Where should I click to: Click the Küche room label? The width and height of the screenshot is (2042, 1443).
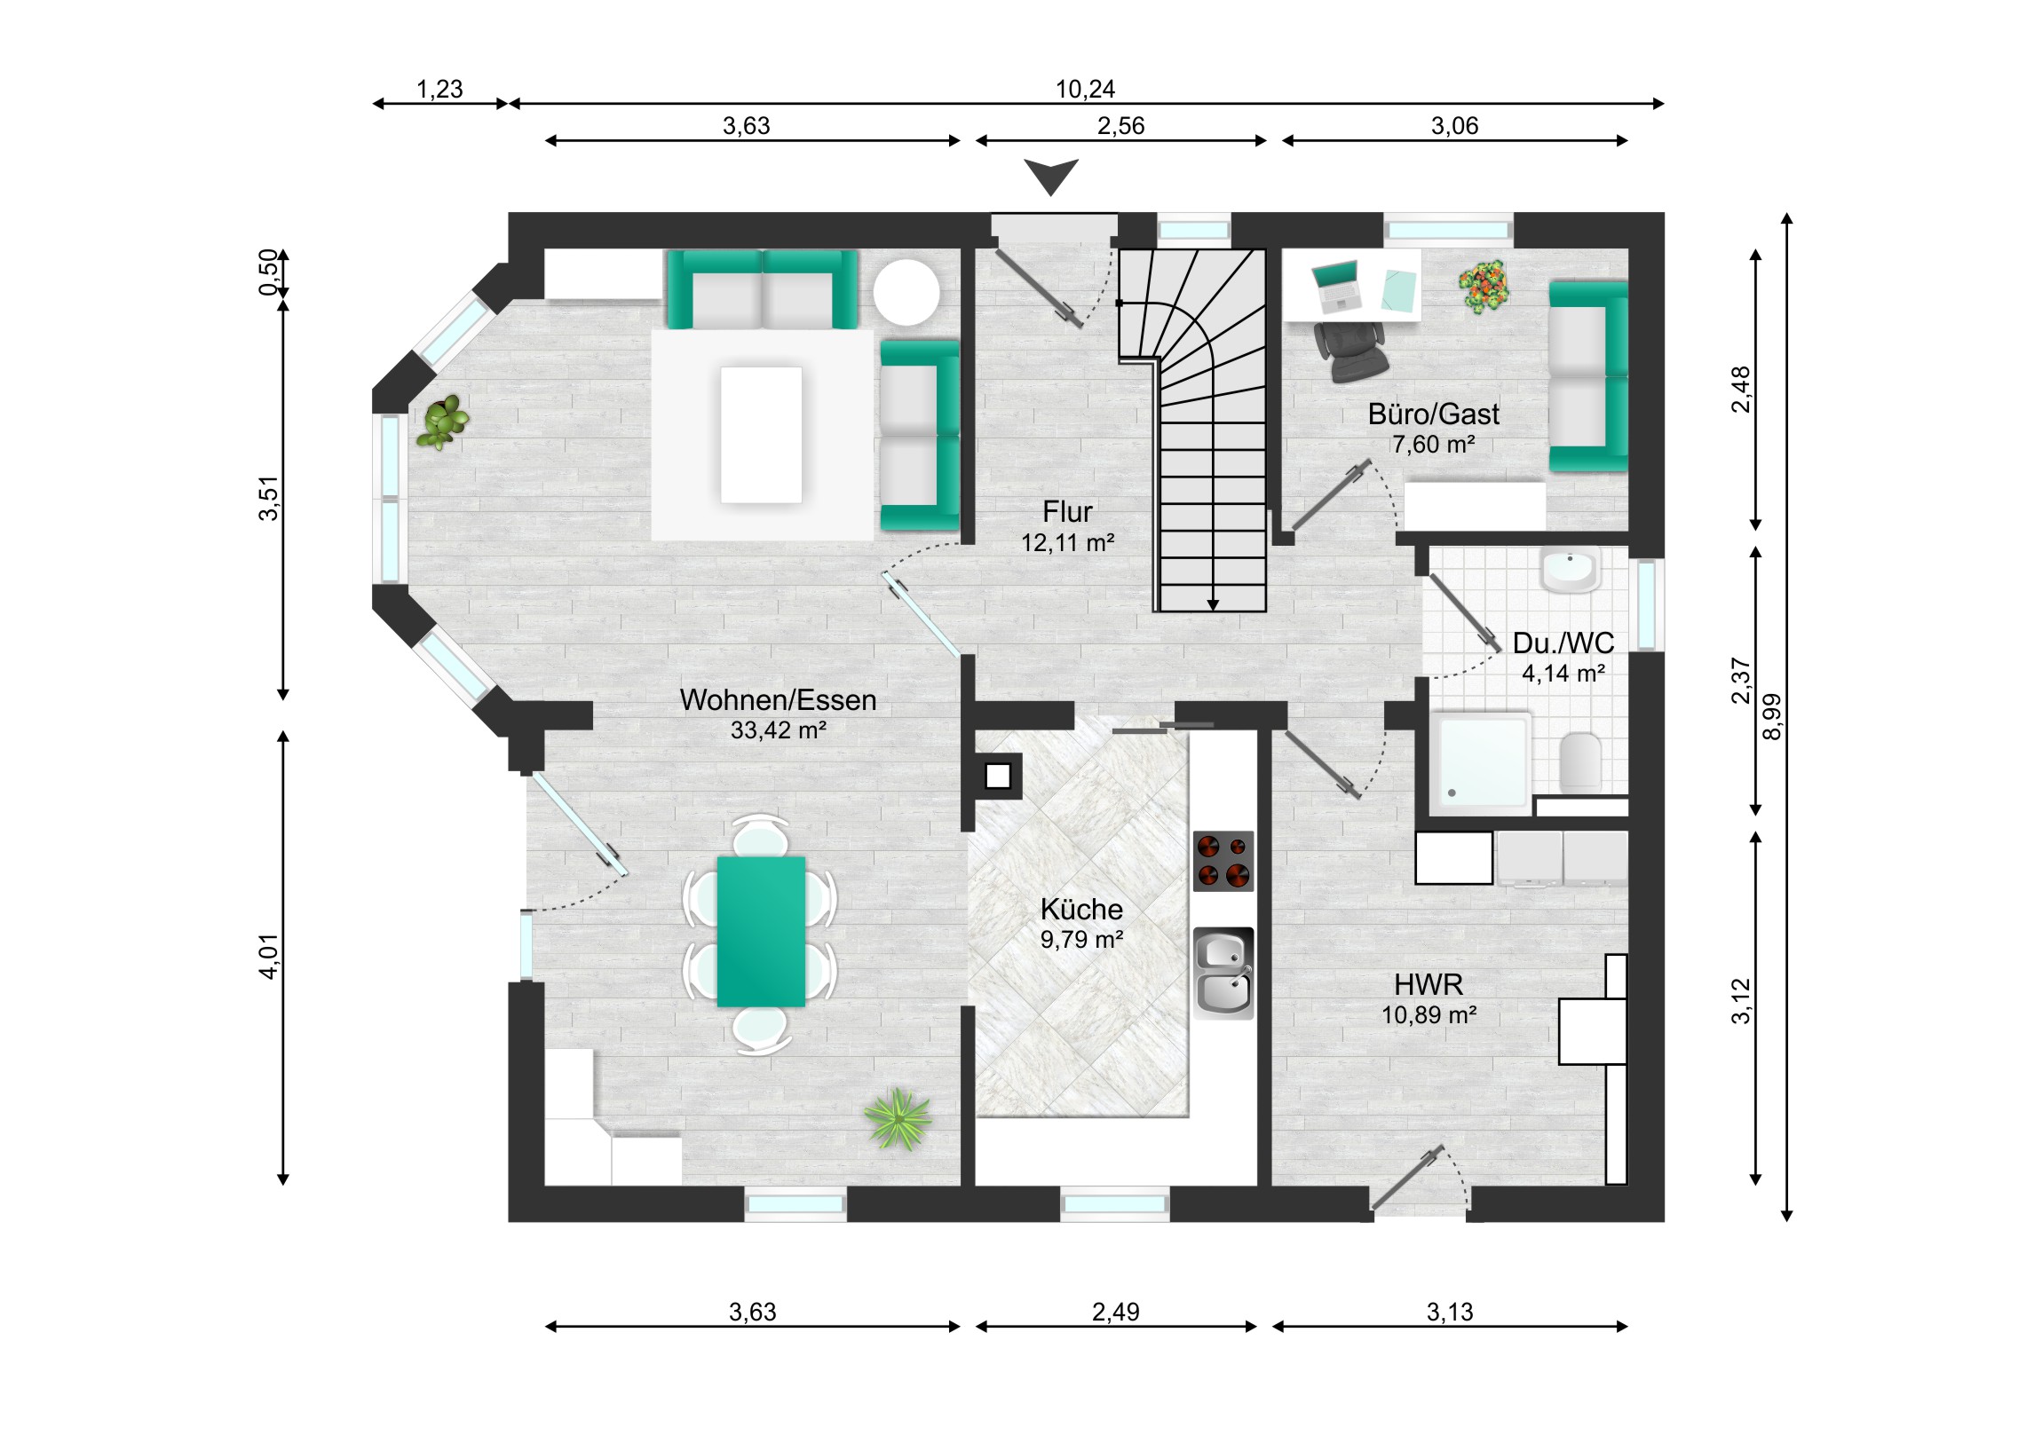point(1080,909)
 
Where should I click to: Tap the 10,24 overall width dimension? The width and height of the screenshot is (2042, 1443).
point(1085,89)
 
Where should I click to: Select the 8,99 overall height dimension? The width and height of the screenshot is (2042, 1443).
point(1772,715)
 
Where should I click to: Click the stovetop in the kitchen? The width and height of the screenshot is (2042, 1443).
point(1223,861)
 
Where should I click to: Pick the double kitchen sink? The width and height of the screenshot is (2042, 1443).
point(1223,973)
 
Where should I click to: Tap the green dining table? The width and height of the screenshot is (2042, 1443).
point(761,931)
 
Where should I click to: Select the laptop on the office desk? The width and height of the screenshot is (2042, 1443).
point(1337,286)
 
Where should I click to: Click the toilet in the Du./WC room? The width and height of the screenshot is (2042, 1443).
point(1580,761)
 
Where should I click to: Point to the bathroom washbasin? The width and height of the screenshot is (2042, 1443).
point(1570,569)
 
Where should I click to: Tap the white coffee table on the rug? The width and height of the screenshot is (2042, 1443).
point(761,435)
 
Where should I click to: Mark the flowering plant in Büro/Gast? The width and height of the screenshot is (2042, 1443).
point(1484,287)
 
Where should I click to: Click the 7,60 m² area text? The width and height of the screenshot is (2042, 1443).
point(1434,444)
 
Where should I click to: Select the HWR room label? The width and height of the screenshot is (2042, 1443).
point(1429,984)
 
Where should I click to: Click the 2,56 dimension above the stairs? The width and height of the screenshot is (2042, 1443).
point(1120,126)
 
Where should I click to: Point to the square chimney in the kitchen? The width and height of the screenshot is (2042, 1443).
point(998,777)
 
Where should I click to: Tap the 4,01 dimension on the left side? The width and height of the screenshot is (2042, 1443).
point(269,957)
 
